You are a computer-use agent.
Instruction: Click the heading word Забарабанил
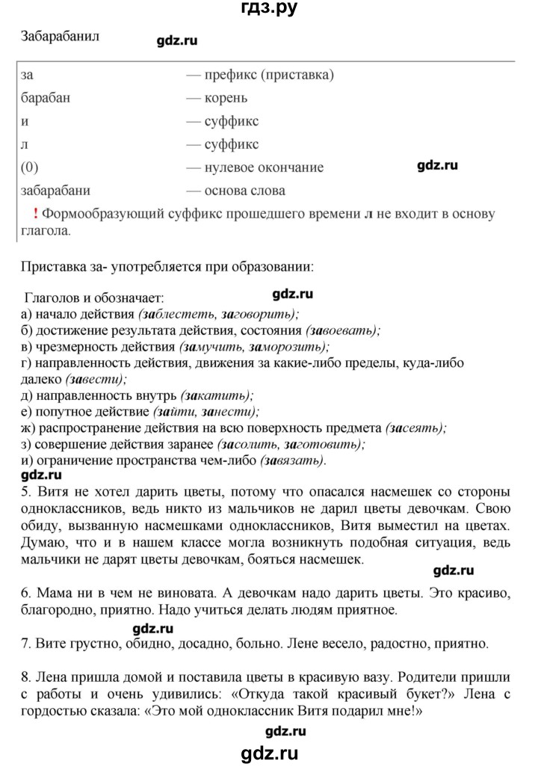[61, 34]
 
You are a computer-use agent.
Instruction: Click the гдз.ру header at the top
[269, 10]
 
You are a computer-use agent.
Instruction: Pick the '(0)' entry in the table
[31, 167]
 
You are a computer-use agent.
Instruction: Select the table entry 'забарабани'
[57, 190]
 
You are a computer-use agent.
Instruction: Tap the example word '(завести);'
[60, 379]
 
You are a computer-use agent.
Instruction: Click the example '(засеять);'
[416, 428]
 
